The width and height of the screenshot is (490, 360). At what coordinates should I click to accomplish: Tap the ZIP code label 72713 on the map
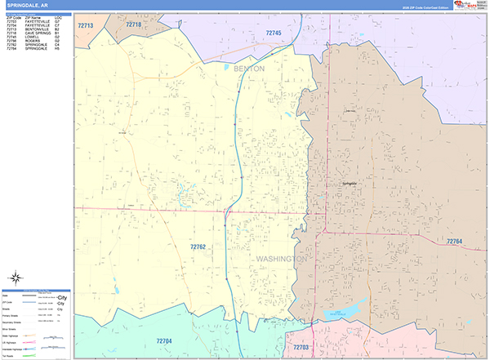[x=87, y=26]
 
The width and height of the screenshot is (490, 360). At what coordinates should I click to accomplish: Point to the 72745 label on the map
[x=274, y=33]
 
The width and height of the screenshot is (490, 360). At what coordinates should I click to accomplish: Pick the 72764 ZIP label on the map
[x=454, y=242]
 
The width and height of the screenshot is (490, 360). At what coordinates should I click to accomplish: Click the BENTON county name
[x=249, y=69]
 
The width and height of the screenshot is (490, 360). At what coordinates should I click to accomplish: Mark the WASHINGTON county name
[x=281, y=259]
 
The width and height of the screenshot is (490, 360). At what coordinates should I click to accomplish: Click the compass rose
[x=16, y=278]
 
